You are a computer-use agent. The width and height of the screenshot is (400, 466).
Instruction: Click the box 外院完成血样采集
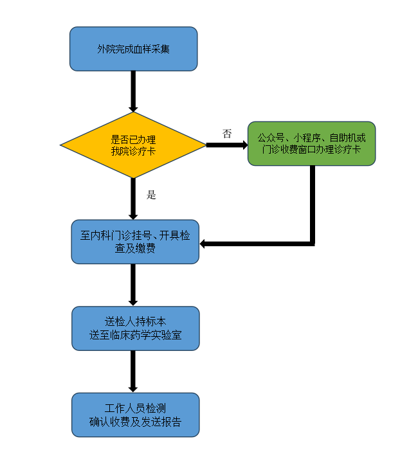(x=133, y=49)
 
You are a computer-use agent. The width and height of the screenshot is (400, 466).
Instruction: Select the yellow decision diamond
(x=133, y=145)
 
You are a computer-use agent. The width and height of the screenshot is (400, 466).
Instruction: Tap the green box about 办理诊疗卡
(x=311, y=143)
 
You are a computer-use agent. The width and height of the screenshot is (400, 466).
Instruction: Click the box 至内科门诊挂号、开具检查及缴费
(x=135, y=242)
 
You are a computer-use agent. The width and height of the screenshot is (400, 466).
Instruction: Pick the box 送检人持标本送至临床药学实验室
(x=135, y=328)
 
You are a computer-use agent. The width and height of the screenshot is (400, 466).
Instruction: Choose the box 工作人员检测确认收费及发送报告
(x=135, y=415)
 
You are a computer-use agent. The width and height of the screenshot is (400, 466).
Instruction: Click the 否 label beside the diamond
(x=227, y=134)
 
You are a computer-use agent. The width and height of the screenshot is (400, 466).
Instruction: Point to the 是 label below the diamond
(x=152, y=195)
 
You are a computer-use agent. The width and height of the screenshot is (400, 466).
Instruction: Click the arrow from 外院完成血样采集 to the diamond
(x=133, y=91)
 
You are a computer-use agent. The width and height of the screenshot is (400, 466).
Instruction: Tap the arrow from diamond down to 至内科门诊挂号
(x=133, y=199)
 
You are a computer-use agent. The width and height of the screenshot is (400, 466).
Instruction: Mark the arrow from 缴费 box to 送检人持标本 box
(x=133, y=284)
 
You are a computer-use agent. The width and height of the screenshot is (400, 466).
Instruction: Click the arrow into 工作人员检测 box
(x=133, y=372)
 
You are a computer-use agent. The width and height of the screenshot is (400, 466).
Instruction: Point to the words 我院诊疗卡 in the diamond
(x=133, y=151)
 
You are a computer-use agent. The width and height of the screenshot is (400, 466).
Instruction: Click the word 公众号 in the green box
(x=269, y=138)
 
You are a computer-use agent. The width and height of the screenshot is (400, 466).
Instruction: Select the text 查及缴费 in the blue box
(x=135, y=248)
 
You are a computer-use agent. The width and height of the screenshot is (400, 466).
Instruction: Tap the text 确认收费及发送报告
(x=135, y=422)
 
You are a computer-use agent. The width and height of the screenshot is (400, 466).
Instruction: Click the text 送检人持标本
(x=135, y=321)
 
